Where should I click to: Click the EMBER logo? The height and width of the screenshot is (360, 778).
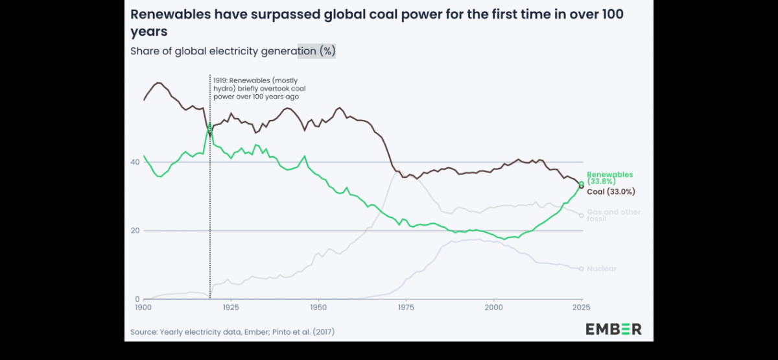613,329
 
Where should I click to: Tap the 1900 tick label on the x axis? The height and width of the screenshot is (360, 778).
143,306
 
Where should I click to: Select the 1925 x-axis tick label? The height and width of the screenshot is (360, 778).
231,306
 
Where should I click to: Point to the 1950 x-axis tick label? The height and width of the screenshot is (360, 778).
318,306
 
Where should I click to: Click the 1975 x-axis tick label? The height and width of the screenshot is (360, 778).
407,306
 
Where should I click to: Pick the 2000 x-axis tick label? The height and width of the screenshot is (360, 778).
494,306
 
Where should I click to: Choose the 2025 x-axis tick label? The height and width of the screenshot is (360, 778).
582,306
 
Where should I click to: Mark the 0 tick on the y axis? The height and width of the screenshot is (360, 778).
137,299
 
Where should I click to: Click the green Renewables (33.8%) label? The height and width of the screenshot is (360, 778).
609,178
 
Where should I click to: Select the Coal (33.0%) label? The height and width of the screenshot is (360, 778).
611,191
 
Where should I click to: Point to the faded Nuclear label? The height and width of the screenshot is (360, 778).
601,269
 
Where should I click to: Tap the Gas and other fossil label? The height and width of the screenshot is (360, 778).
613,215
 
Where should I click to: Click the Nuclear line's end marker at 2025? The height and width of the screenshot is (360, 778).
582,269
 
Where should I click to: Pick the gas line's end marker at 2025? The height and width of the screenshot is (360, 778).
582,215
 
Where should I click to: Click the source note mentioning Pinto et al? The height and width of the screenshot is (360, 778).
233,332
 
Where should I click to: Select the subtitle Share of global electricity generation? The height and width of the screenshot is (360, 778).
233,51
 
